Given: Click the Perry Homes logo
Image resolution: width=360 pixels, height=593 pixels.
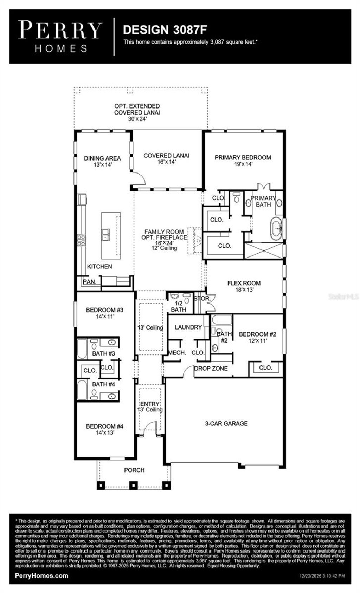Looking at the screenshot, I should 60,37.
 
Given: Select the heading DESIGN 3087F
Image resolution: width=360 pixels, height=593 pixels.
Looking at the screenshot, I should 165,30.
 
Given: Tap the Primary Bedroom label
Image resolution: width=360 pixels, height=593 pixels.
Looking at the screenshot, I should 243,161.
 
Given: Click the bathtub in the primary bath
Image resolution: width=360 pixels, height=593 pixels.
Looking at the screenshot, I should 276,229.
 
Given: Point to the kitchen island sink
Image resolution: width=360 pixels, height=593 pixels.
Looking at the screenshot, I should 105,234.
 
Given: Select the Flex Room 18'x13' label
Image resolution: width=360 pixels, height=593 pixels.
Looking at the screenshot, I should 244,286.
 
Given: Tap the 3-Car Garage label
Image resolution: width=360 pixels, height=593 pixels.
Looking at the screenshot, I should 226,423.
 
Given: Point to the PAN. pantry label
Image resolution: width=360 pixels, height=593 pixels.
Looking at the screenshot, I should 89,282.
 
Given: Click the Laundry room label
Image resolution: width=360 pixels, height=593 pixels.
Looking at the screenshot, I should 188,327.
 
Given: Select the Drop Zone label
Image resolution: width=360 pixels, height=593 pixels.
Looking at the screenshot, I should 211,368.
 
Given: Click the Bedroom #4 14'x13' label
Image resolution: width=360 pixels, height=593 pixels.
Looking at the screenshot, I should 104,429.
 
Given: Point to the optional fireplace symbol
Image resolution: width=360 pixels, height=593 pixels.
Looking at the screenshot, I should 195,241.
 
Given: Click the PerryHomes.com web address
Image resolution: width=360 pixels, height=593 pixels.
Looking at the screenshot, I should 41,575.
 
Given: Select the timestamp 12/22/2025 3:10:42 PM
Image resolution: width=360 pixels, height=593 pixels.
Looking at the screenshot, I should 322,576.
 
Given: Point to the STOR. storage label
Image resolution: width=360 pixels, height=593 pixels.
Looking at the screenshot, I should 202,299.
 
